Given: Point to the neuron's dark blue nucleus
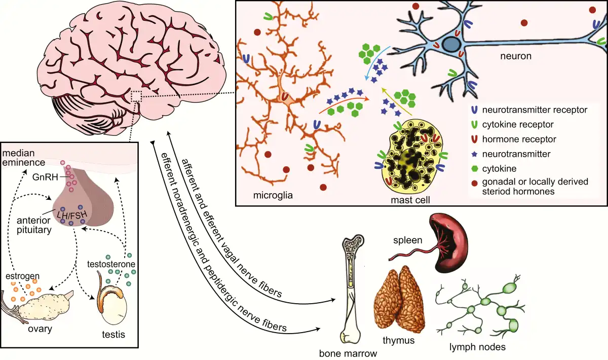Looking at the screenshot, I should tap(449, 44).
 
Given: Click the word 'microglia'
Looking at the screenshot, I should tap(274, 194).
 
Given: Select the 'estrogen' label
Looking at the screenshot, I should tap(22, 276).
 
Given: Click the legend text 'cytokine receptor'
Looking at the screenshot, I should tap(517, 124).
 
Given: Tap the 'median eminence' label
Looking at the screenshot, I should tap(23, 158).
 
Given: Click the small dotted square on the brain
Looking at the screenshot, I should tap(136, 96).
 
